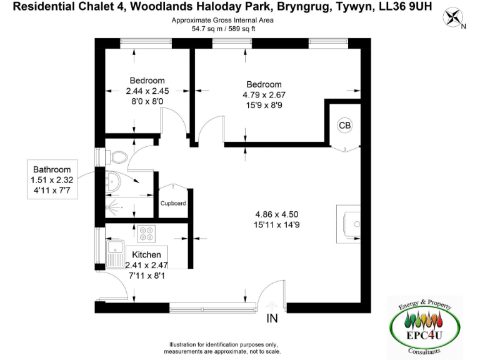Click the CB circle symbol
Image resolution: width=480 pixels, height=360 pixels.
pyautogui.click(x=345, y=126)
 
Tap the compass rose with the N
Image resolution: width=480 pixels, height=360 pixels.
pyautogui.click(x=453, y=18)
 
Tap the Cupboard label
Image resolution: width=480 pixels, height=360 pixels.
pyautogui.click(x=173, y=204)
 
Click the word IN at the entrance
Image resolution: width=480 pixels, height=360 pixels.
pyautogui.click(x=272, y=319)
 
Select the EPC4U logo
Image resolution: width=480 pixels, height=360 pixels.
pyautogui.click(x=425, y=328)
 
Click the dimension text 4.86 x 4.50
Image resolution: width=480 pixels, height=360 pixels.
pyautogui.click(x=271, y=214)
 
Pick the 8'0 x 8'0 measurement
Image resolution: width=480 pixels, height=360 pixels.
pyautogui.click(x=148, y=101)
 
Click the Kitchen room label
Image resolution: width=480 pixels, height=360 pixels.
pyautogui.click(x=146, y=255)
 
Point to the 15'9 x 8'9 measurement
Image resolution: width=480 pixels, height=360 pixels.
pyautogui.click(x=264, y=105)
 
